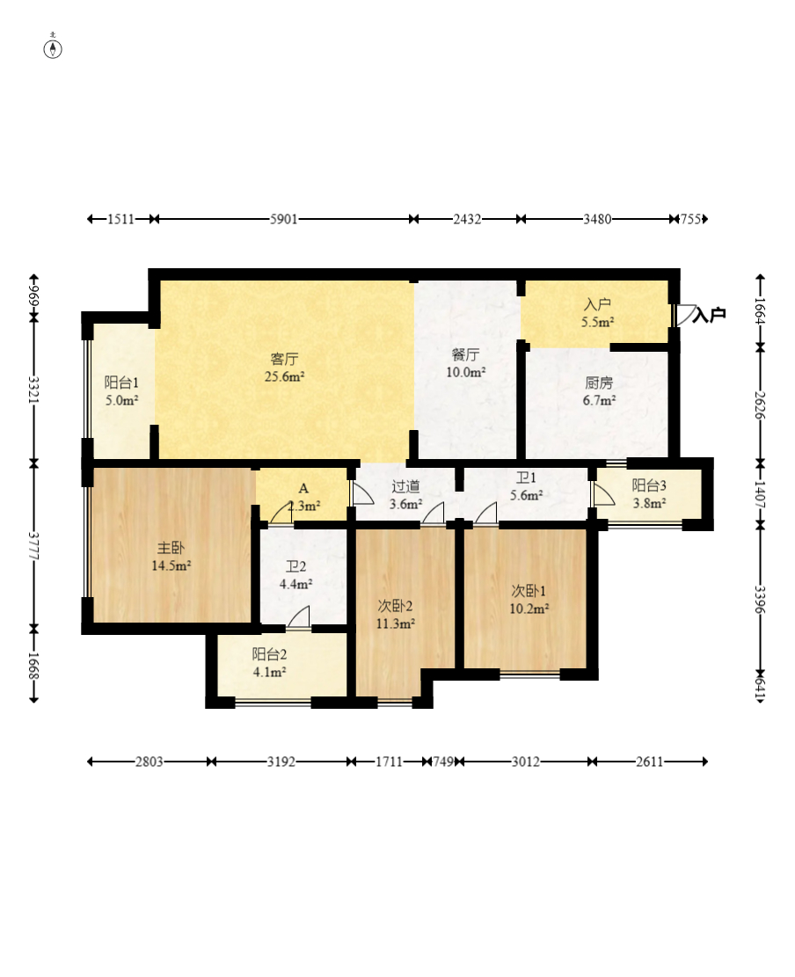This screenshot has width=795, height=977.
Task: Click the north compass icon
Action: tap(53, 48)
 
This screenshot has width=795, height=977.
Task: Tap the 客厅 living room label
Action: tap(284, 359)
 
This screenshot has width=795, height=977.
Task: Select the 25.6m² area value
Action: tap(284, 376)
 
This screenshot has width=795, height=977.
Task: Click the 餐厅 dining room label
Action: tap(465, 354)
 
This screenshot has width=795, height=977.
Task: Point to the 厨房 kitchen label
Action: tap(599, 383)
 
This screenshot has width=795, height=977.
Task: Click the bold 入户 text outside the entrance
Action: tap(709, 315)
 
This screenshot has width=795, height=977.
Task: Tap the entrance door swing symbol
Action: tap(685, 315)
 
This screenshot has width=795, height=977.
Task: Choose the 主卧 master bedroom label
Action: tap(171, 549)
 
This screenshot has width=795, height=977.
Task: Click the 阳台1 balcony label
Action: tap(121, 383)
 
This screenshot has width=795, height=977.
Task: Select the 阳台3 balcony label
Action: tap(649, 485)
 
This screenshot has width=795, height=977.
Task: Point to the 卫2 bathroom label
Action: tap(296, 566)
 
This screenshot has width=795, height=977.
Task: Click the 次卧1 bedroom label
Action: tap(529, 591)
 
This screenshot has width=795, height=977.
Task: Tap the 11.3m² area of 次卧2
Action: tap(396, 623)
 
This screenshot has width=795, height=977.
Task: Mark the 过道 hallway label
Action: tap(405, 486)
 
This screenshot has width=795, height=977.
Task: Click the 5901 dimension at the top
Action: tap(283, 219)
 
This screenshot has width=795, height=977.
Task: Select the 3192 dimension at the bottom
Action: tap(281, 762)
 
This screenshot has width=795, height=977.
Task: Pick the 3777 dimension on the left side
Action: tap(34, 546)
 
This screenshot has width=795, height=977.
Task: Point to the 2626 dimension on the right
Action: tap(760, 405)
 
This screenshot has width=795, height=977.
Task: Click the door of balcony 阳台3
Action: tap(602, 493)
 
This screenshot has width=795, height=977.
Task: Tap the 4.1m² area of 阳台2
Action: tap(269, 672)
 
